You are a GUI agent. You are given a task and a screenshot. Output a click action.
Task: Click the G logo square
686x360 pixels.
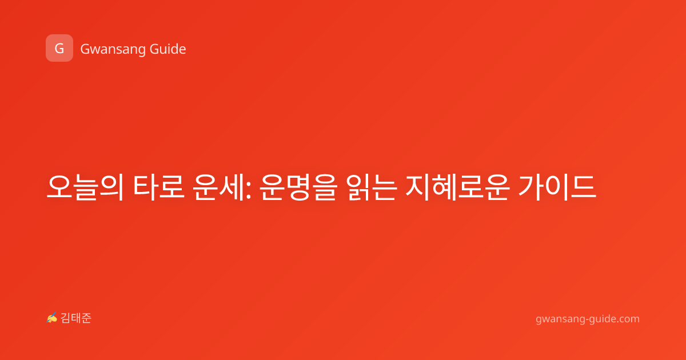point(59,48)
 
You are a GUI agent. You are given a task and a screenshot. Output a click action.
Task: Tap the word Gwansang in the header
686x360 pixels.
point(113,50)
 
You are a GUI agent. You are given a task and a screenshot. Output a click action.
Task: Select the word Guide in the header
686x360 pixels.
point(168,49)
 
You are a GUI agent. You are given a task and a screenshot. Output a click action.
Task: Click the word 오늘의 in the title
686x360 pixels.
point(85,187)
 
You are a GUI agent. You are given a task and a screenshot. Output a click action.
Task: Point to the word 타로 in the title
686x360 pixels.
point(159,187)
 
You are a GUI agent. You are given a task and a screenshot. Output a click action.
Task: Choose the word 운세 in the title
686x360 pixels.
point(218,187)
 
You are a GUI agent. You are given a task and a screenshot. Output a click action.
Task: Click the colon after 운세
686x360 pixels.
point(248,191)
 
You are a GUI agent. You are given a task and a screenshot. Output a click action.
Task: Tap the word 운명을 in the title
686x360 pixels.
point(298,187)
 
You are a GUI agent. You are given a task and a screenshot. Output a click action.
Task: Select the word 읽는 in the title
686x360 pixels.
point(372,187)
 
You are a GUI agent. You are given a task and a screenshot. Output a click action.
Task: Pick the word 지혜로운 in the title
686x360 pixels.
point(457,187)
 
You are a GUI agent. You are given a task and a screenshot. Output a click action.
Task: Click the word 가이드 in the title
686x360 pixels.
point(557,187)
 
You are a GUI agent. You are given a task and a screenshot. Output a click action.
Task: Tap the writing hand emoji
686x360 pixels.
point(52,318)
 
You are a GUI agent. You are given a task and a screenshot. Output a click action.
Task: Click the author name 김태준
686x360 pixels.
point(76,318)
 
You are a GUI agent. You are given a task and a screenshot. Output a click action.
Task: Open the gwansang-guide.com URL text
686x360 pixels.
point(588,319)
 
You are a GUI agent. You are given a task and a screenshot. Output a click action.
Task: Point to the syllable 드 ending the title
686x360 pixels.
point(584,187)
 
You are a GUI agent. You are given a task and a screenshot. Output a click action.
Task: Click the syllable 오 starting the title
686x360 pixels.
point(59,187)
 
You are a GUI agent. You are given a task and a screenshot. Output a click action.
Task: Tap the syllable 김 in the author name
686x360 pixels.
point(66,318)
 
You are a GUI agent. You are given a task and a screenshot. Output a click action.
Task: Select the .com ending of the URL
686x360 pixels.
point(627,319)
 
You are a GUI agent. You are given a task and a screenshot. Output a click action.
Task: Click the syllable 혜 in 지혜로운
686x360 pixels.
point(445,187)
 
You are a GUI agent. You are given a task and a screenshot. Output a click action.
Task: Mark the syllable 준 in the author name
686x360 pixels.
point(86,318)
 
